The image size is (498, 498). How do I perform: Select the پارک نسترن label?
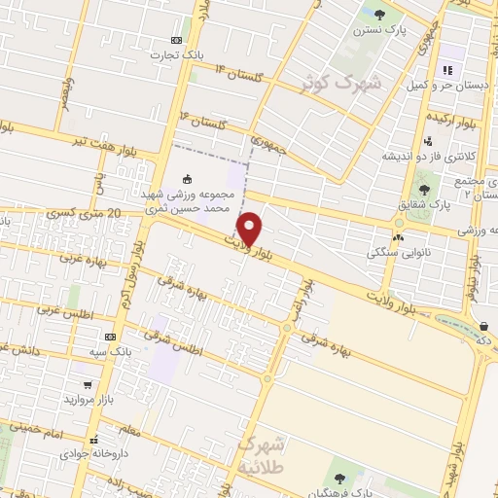pyautogui.click(x=380, y=30)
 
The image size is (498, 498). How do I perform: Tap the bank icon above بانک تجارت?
pyautogui.click(x=175, y=40)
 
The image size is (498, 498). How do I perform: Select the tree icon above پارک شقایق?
pyautogui.click(x=424, y=189)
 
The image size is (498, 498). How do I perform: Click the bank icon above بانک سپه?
pyautogui.click(x=110, y=336)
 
